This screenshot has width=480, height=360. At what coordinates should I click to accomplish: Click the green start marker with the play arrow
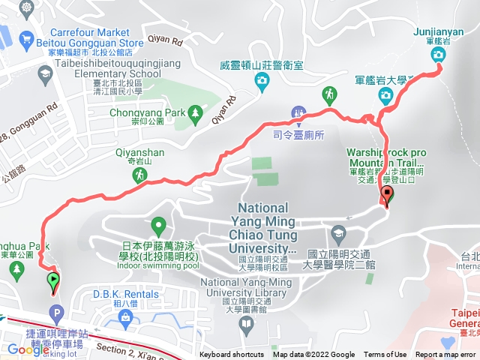(54, 282)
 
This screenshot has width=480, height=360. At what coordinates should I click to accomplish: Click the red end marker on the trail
(388, 196)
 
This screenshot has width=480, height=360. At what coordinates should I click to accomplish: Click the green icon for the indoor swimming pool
(158, 223)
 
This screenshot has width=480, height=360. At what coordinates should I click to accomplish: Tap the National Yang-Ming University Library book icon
(246, 323)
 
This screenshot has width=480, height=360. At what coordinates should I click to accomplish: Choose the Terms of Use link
(385, 355)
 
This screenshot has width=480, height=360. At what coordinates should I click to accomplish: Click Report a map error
(446, 355)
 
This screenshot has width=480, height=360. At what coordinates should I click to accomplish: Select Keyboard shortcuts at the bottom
(232, 355)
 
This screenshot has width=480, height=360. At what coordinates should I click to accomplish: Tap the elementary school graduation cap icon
(46, 73)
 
